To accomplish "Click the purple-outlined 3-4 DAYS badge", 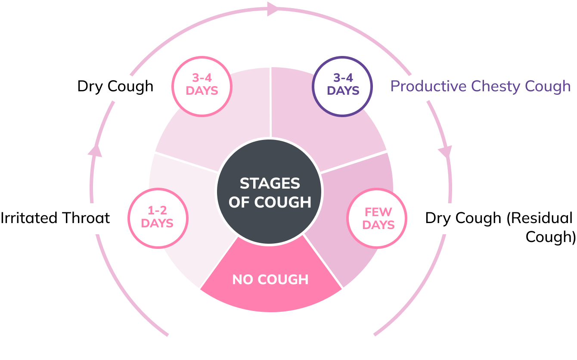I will point(342,86).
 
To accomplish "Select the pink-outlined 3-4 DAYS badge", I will point(202,86).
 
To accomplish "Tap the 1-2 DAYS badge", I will point(158,218).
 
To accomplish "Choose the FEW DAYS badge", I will point(377,219).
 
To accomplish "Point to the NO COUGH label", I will point(270,280).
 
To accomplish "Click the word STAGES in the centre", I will point(270,184).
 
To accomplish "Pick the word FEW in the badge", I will point(378,212).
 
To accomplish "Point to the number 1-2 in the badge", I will point(157,211).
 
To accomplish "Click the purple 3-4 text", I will point(343,78).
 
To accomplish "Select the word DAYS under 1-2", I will point(157,223).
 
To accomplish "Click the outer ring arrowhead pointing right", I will point(273,9).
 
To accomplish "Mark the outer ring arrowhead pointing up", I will point(95,149).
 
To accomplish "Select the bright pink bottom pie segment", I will point(270,297).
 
